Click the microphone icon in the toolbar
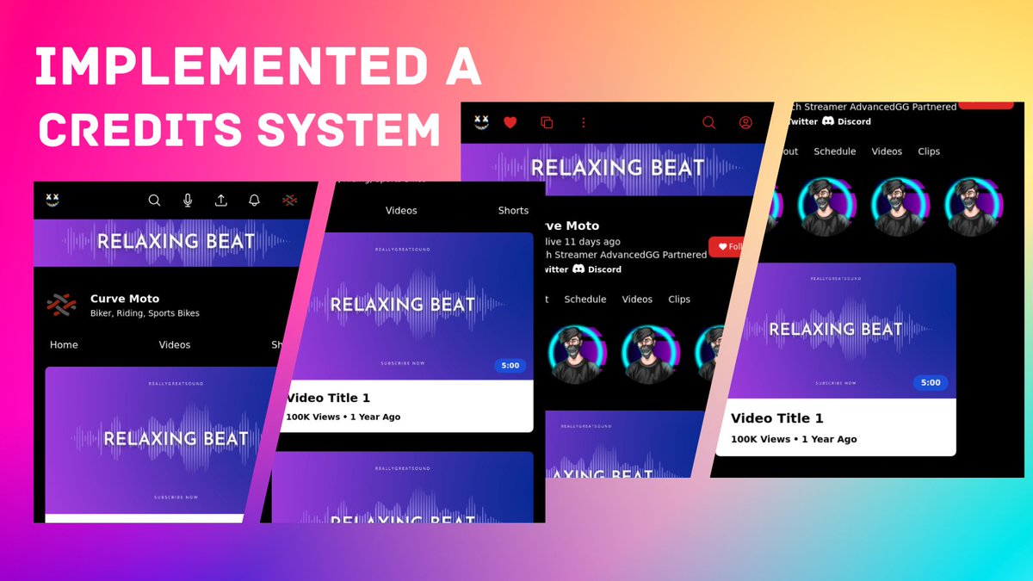coord(188,201)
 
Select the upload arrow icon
coord(221,201)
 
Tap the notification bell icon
coord(254,201)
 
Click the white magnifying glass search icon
coord(154,201)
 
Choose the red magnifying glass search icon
coord(709,123)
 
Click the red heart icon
coord(510,123)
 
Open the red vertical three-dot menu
coord(584,123)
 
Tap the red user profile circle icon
coord(745,123)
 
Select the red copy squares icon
coord(546,123)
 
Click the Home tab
coord(64,345)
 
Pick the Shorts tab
coord(513,211)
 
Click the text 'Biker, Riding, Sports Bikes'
coord(145,313)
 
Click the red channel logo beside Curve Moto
coord(60,305)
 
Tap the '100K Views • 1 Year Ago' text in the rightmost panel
coord(794,439)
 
